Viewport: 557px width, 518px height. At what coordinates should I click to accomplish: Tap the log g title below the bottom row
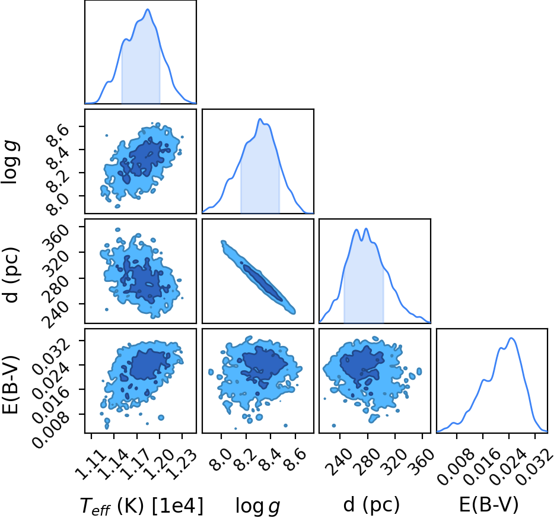[x=258, y=506]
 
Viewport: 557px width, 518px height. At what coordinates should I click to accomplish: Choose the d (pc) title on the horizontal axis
[x=371, y=505]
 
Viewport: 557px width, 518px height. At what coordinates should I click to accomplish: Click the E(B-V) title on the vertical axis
[x=10, y=384]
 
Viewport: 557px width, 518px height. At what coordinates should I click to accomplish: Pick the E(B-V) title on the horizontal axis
[x=489, y=505]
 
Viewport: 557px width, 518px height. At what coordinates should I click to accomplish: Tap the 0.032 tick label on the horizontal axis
[x=534, y=466]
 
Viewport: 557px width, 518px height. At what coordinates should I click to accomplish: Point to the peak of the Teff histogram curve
[x=148, y=9]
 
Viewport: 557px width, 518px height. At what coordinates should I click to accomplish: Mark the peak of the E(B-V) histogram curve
[x=511, y=338]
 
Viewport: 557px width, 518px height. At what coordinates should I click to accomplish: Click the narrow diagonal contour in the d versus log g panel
[x=258, y=277]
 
